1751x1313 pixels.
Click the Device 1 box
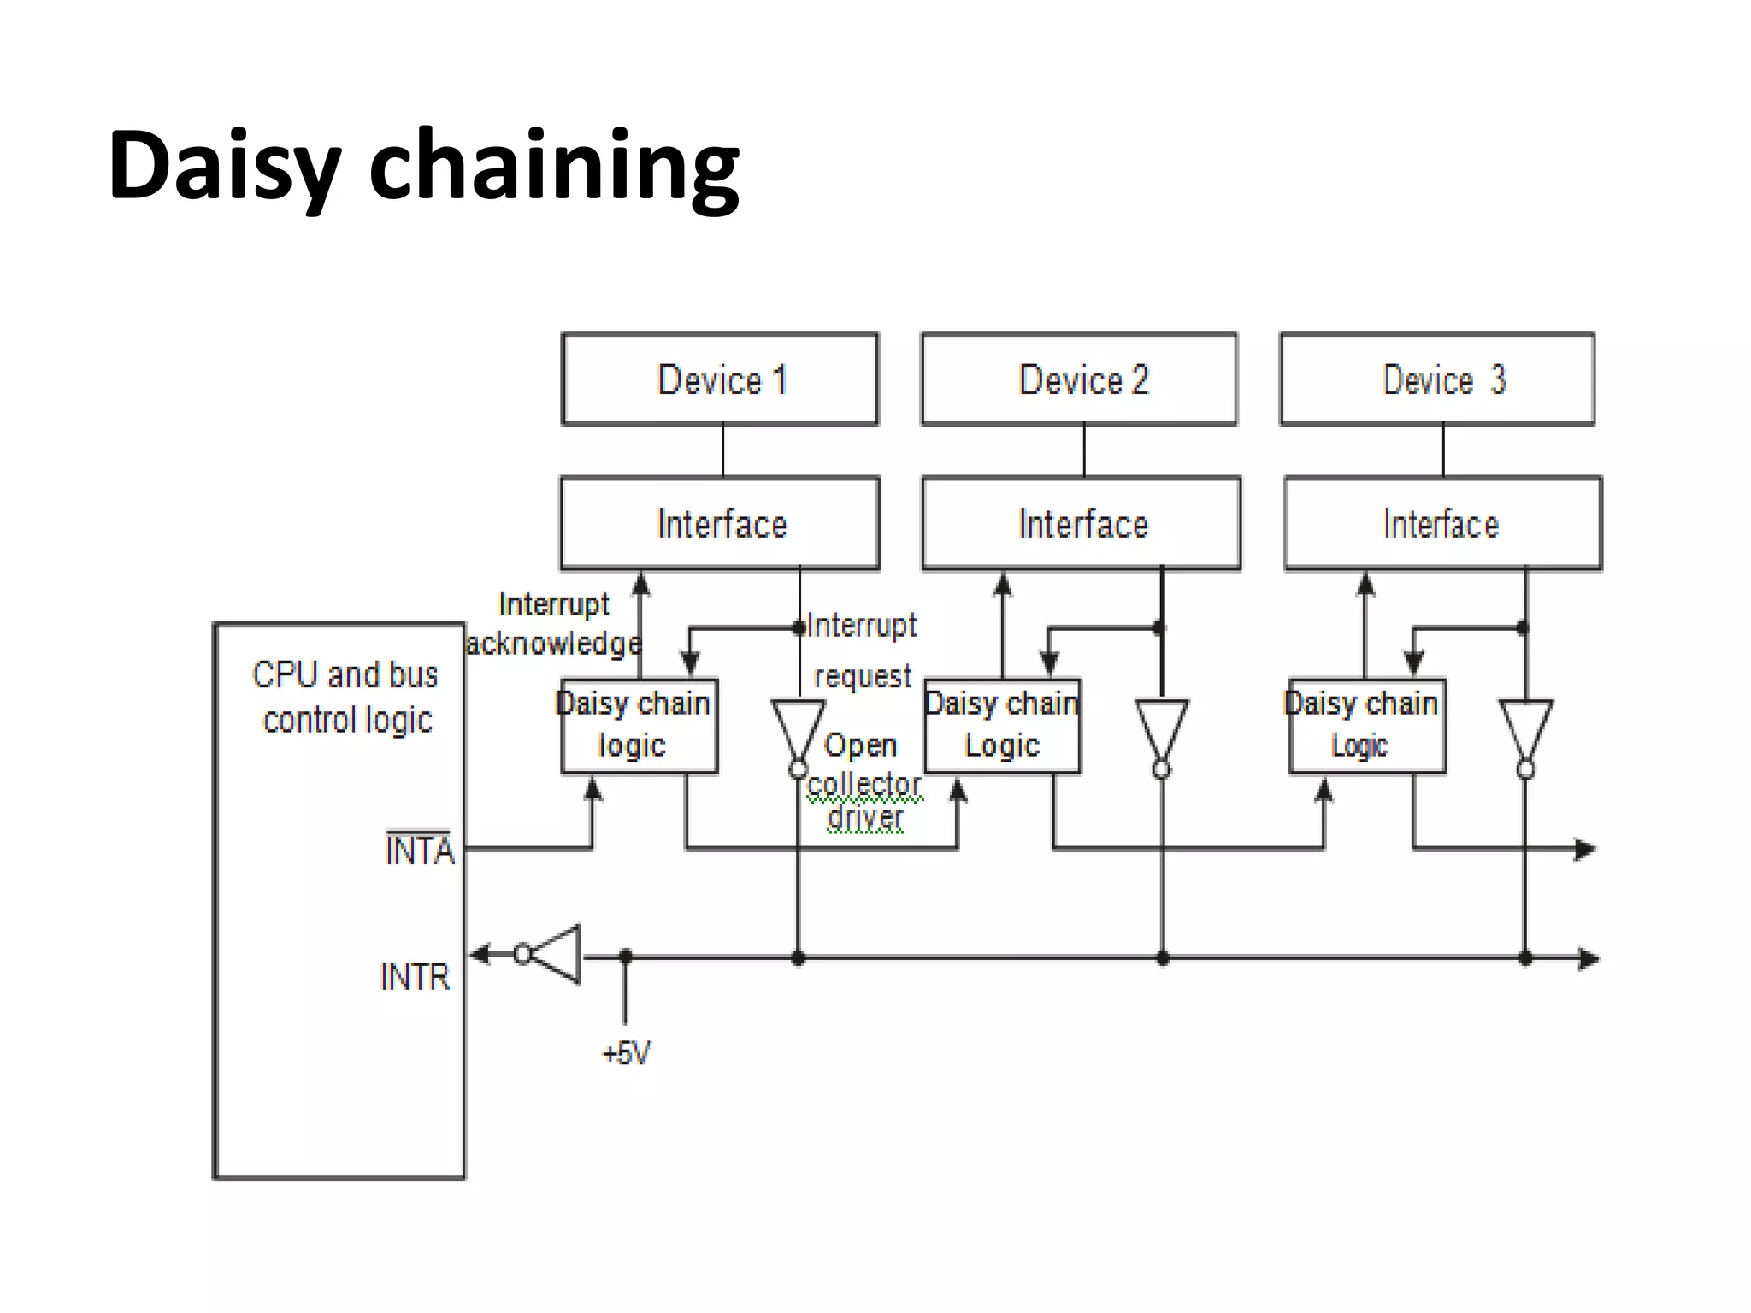(x=720, y=379)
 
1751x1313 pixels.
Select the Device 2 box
(x=1079, y=379)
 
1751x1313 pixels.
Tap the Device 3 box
(x=1437, y=379)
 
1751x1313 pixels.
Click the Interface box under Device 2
(x=1082, y=523)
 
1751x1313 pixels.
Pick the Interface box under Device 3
(x=1443, y=523)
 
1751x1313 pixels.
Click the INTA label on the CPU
(x=419, y=851)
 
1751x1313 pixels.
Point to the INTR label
(x=415, y=976)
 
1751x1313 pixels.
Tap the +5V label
(x=626, y=1053)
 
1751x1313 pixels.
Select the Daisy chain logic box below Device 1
(x=639, y=726)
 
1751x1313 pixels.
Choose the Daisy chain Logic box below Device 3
(x=1367, y=726)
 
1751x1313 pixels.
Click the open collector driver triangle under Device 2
(x=1161, y=728)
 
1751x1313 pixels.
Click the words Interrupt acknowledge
(x=554, y=624)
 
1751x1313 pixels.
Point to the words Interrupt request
(x=862, y=650)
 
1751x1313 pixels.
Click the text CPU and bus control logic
(x=346, y=697)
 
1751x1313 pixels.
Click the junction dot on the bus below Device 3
(x=1525, y=958)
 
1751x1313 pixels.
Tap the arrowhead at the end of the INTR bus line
(x=1588, y=958)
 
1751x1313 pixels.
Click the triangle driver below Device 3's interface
(x=1525, y=728)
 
